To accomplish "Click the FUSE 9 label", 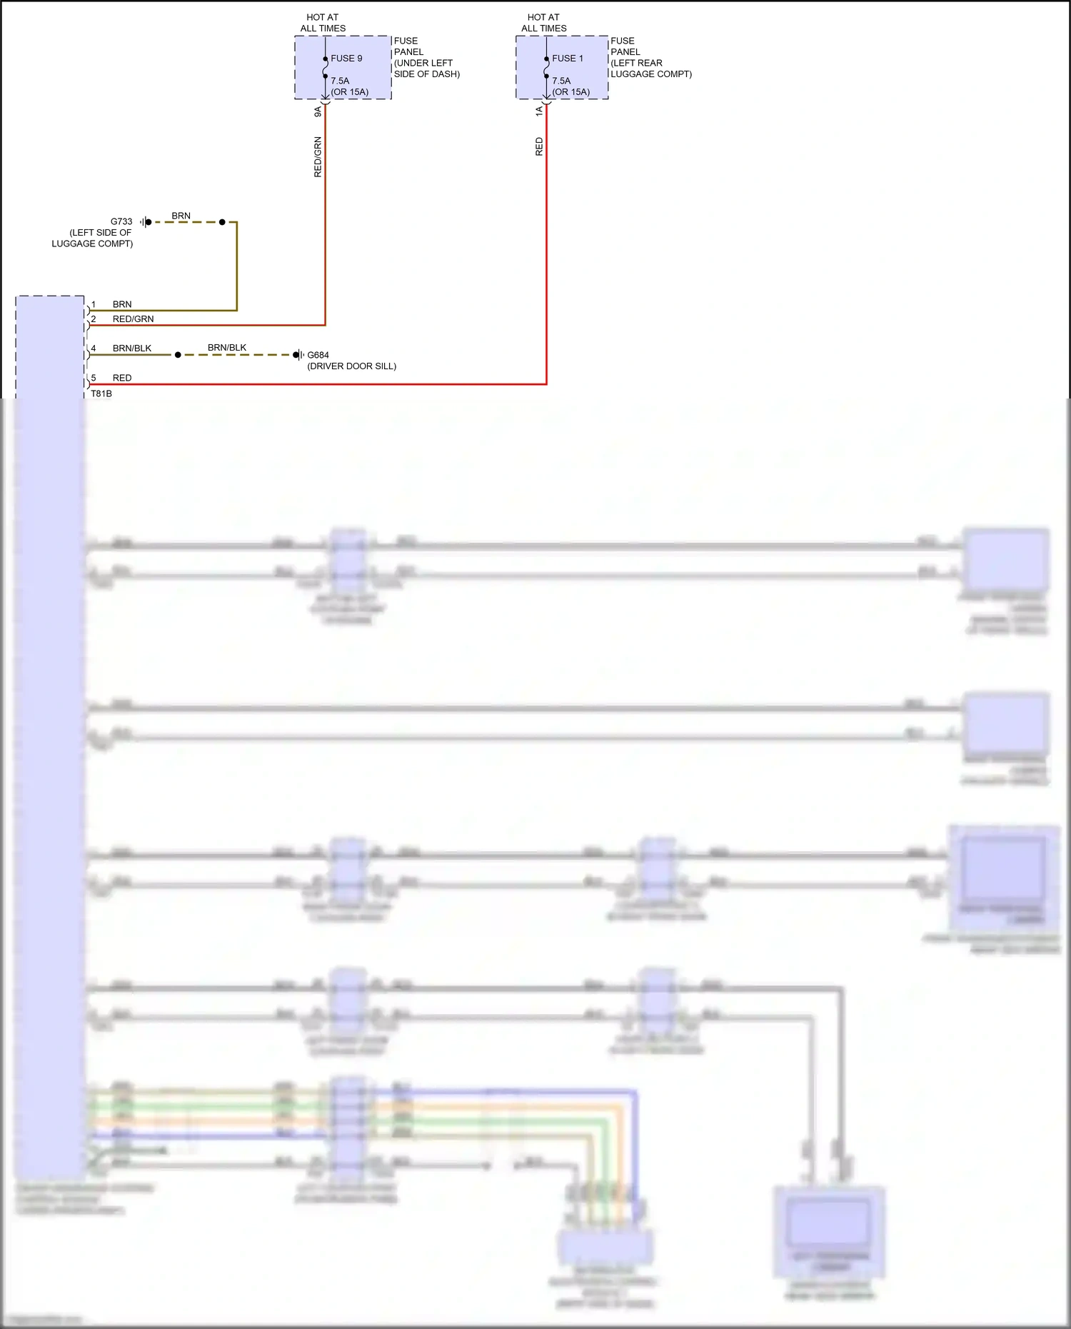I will pyautogui.click(x=346, y=59).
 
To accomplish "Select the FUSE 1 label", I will pyautogui.click(x=568, y=59).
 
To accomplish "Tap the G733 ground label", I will pyautogui.click(x=121, y=221).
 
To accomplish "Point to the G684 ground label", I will pyautogui.click(x=318, y=355).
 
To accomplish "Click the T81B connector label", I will pyautogui.click(x=101, y=393).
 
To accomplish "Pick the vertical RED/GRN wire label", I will pyautogui.click(x=318, y=157).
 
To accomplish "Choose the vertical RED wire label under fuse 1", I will pyautogui.click(x=539, y=146).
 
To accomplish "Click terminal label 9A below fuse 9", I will pyautogui.click(x=318, y=112).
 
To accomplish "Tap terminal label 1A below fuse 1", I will pyautogui.click(x=539, y=111).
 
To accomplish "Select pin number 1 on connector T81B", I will pyautogui.click(x=93, y=305).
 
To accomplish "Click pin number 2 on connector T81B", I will pyautogui.click(x=93, y=319).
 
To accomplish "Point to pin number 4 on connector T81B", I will pyautogui.click(x=93, y=348).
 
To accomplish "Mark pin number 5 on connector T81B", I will pyautogui.click(x=93, y=378).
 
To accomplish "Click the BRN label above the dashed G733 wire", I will pyautogui.click(x=181, y=216).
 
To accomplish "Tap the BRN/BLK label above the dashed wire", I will pyautogui.click(x=227, y=348).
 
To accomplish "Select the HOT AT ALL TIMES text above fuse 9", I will pyautogui.click(x=323, y=23).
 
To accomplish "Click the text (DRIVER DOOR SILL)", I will pyautogui.click(x=352, y=366).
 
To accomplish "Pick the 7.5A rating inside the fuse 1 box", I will pyautogui.click(x=561, y=81).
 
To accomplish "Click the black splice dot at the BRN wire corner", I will pyautogui.click(x=222, y=222).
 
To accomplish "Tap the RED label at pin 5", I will pyautogui.click(x=122, y=378).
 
